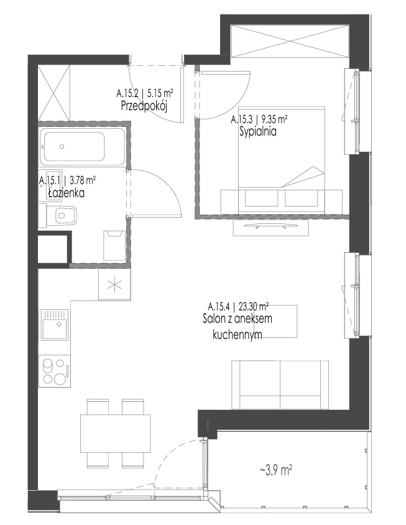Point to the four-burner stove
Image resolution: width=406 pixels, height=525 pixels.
click(x=55, y=371)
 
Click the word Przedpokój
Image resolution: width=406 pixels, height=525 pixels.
click(x=144, y=106)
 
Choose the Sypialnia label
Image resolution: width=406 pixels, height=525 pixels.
click(x=258, y=132)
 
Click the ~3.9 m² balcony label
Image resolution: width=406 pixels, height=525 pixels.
click(x=276, y=471)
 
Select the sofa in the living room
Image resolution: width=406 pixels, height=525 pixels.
click(x=280, y=384)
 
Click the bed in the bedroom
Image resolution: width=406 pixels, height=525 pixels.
click(x=282, y=159)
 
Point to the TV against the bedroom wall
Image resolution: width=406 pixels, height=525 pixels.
click(x=270, y=228)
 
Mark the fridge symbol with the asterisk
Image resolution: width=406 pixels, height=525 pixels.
click(x=114, y=285)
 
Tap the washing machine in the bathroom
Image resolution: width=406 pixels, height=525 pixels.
click(x=114, y=246)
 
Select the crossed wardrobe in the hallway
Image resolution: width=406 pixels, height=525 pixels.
click(x=54, y=93)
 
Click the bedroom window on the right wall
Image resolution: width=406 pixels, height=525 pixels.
click(x=358, y=111)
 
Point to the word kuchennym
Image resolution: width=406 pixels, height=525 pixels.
click(x=238, y=335)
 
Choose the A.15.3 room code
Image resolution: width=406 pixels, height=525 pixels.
click(x=240, y=119)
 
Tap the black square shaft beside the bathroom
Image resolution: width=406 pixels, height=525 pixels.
click(x=54, y=249)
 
